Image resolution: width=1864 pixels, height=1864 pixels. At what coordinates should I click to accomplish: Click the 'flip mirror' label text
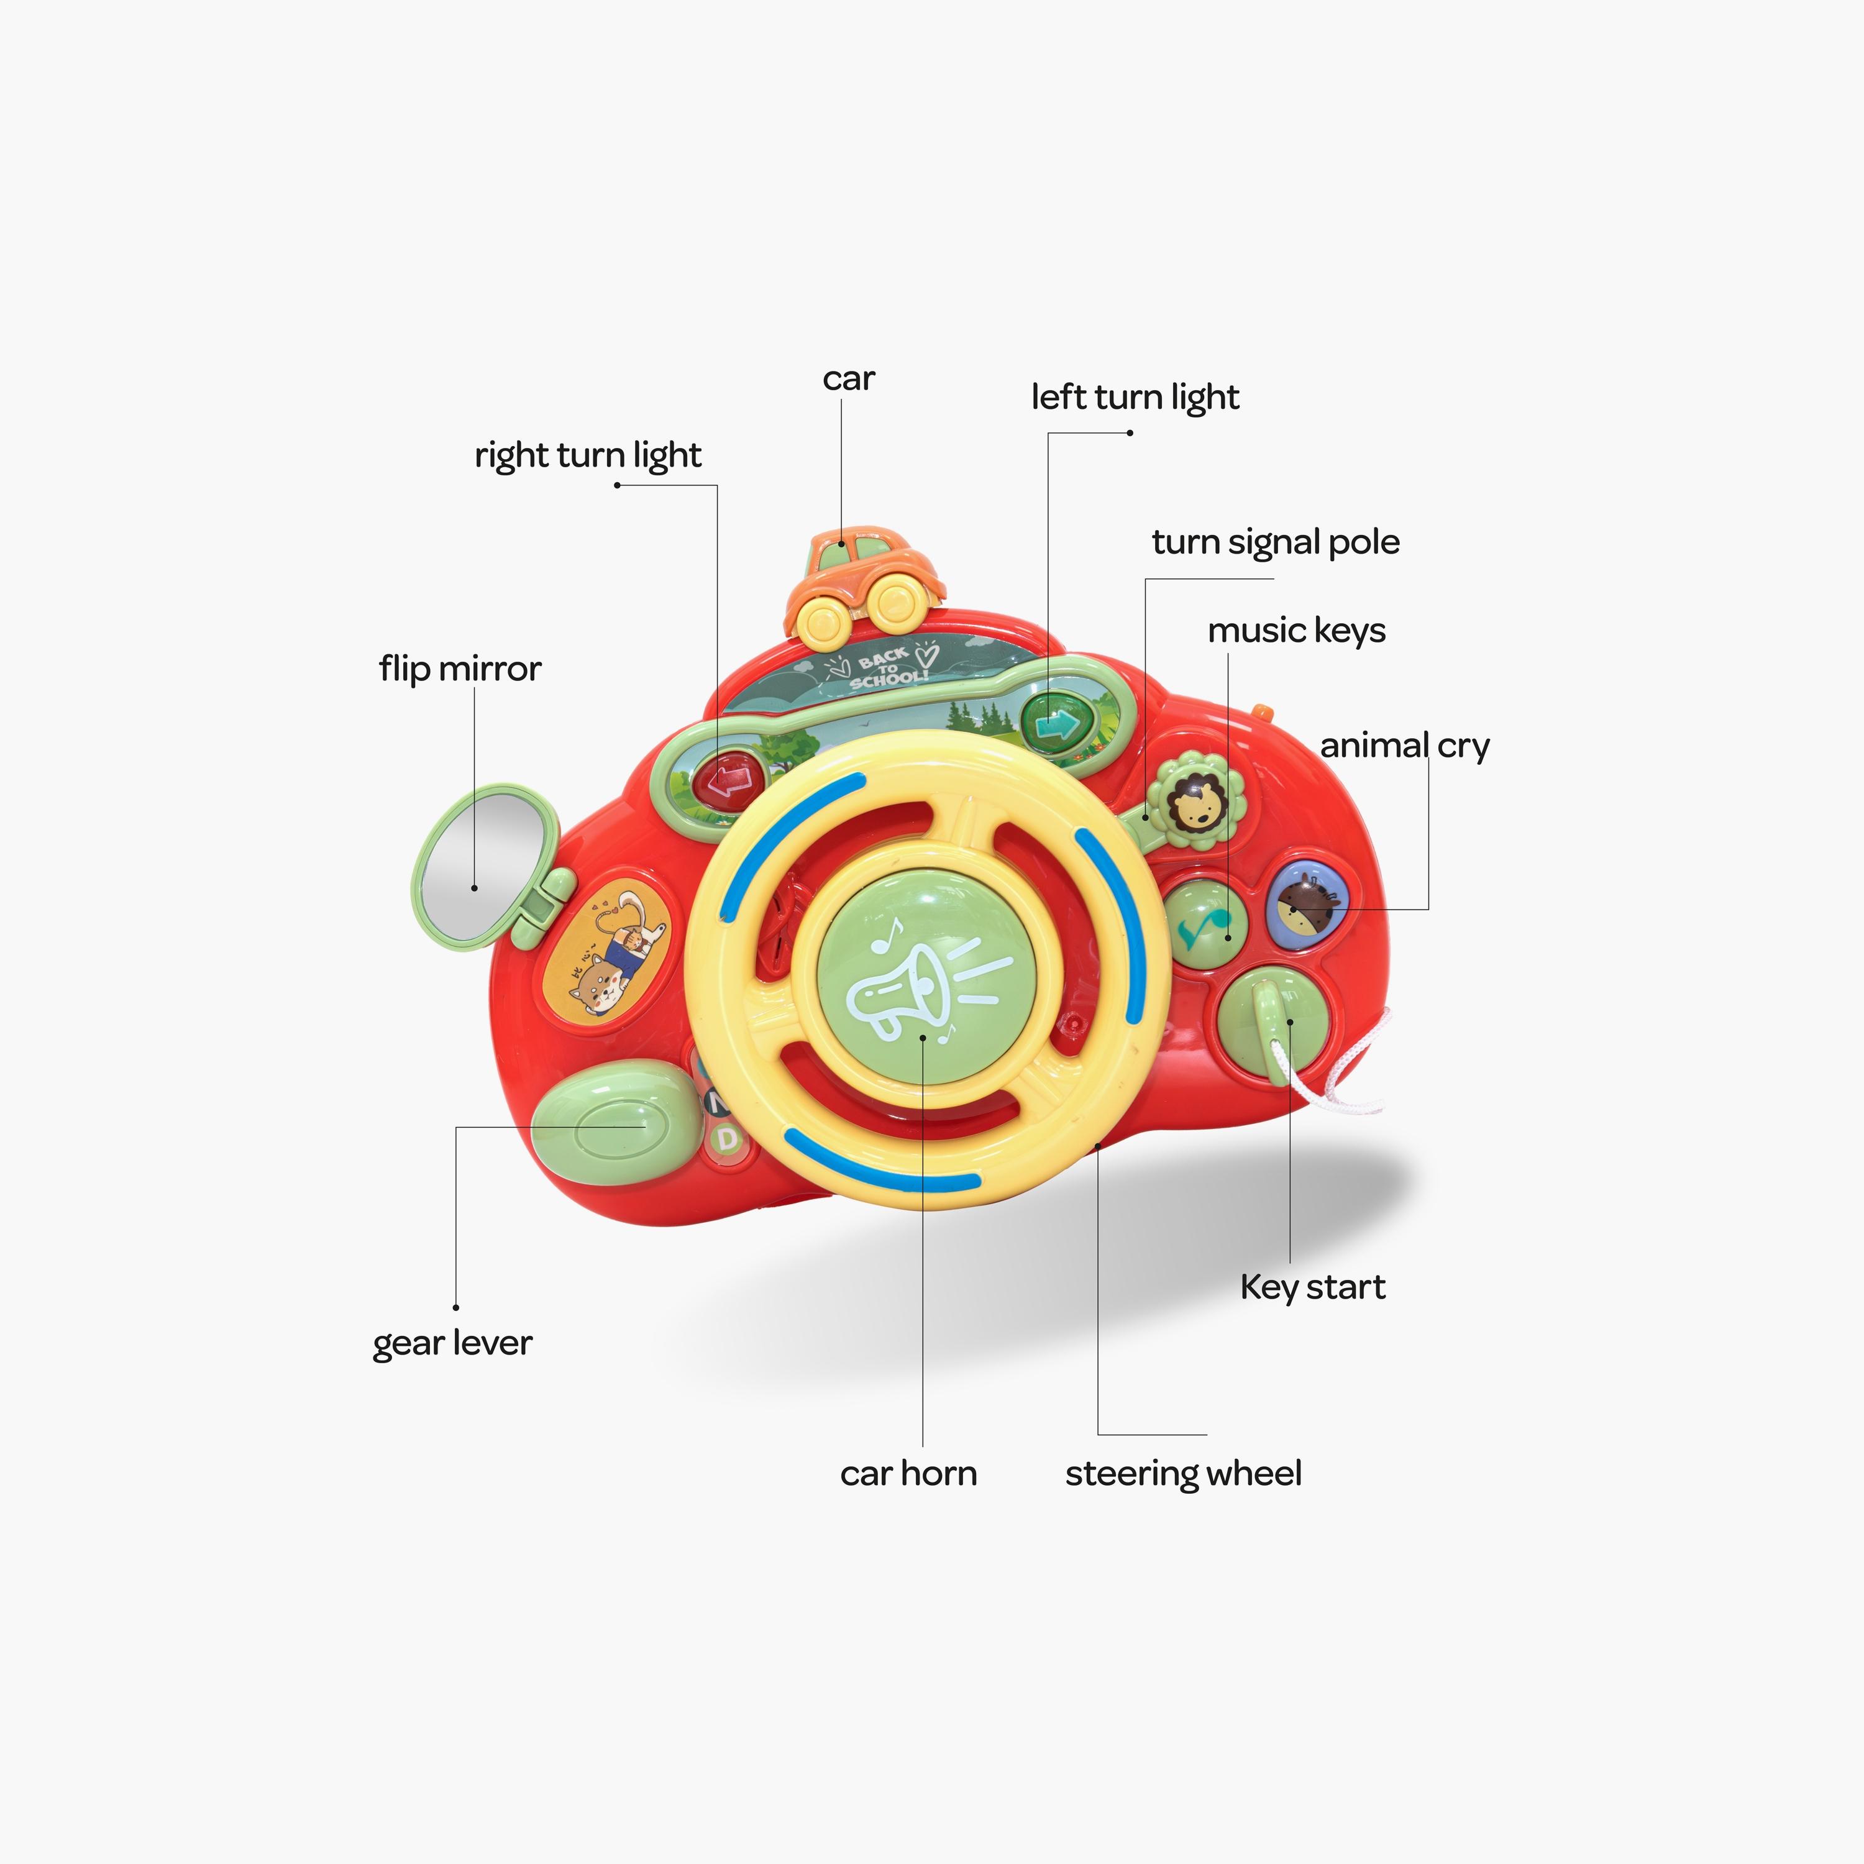460,669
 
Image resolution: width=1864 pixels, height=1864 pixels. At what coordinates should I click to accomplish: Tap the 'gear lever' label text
452,1343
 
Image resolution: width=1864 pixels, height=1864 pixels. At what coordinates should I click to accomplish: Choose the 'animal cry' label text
1405,746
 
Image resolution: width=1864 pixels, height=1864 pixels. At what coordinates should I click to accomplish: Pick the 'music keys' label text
1297,631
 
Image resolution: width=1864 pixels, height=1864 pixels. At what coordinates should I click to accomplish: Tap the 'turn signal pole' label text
1276,542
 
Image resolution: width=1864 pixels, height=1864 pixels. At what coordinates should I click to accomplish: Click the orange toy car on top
862,585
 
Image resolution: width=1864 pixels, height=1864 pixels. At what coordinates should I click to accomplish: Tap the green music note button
1204,923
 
